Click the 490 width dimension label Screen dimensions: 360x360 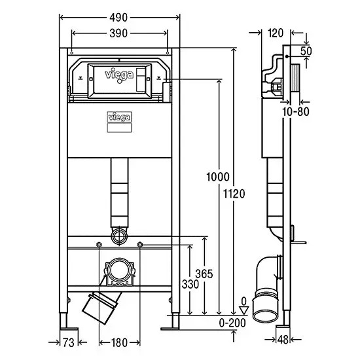(x=118, y=18)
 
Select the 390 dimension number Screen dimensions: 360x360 (x=118, y=33)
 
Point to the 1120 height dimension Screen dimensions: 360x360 (x=234, y=194)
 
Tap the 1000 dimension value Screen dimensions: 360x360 (x=218, y=177)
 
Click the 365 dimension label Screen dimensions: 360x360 (x=204, y=274)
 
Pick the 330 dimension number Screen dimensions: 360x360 (x=190, y=284)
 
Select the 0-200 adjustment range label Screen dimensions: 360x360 (x=232, y=323)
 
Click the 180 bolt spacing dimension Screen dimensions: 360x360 (x=119, y=343)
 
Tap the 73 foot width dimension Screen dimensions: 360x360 (x=69, y=343)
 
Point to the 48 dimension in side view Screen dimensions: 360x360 (x=283, y=340)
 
